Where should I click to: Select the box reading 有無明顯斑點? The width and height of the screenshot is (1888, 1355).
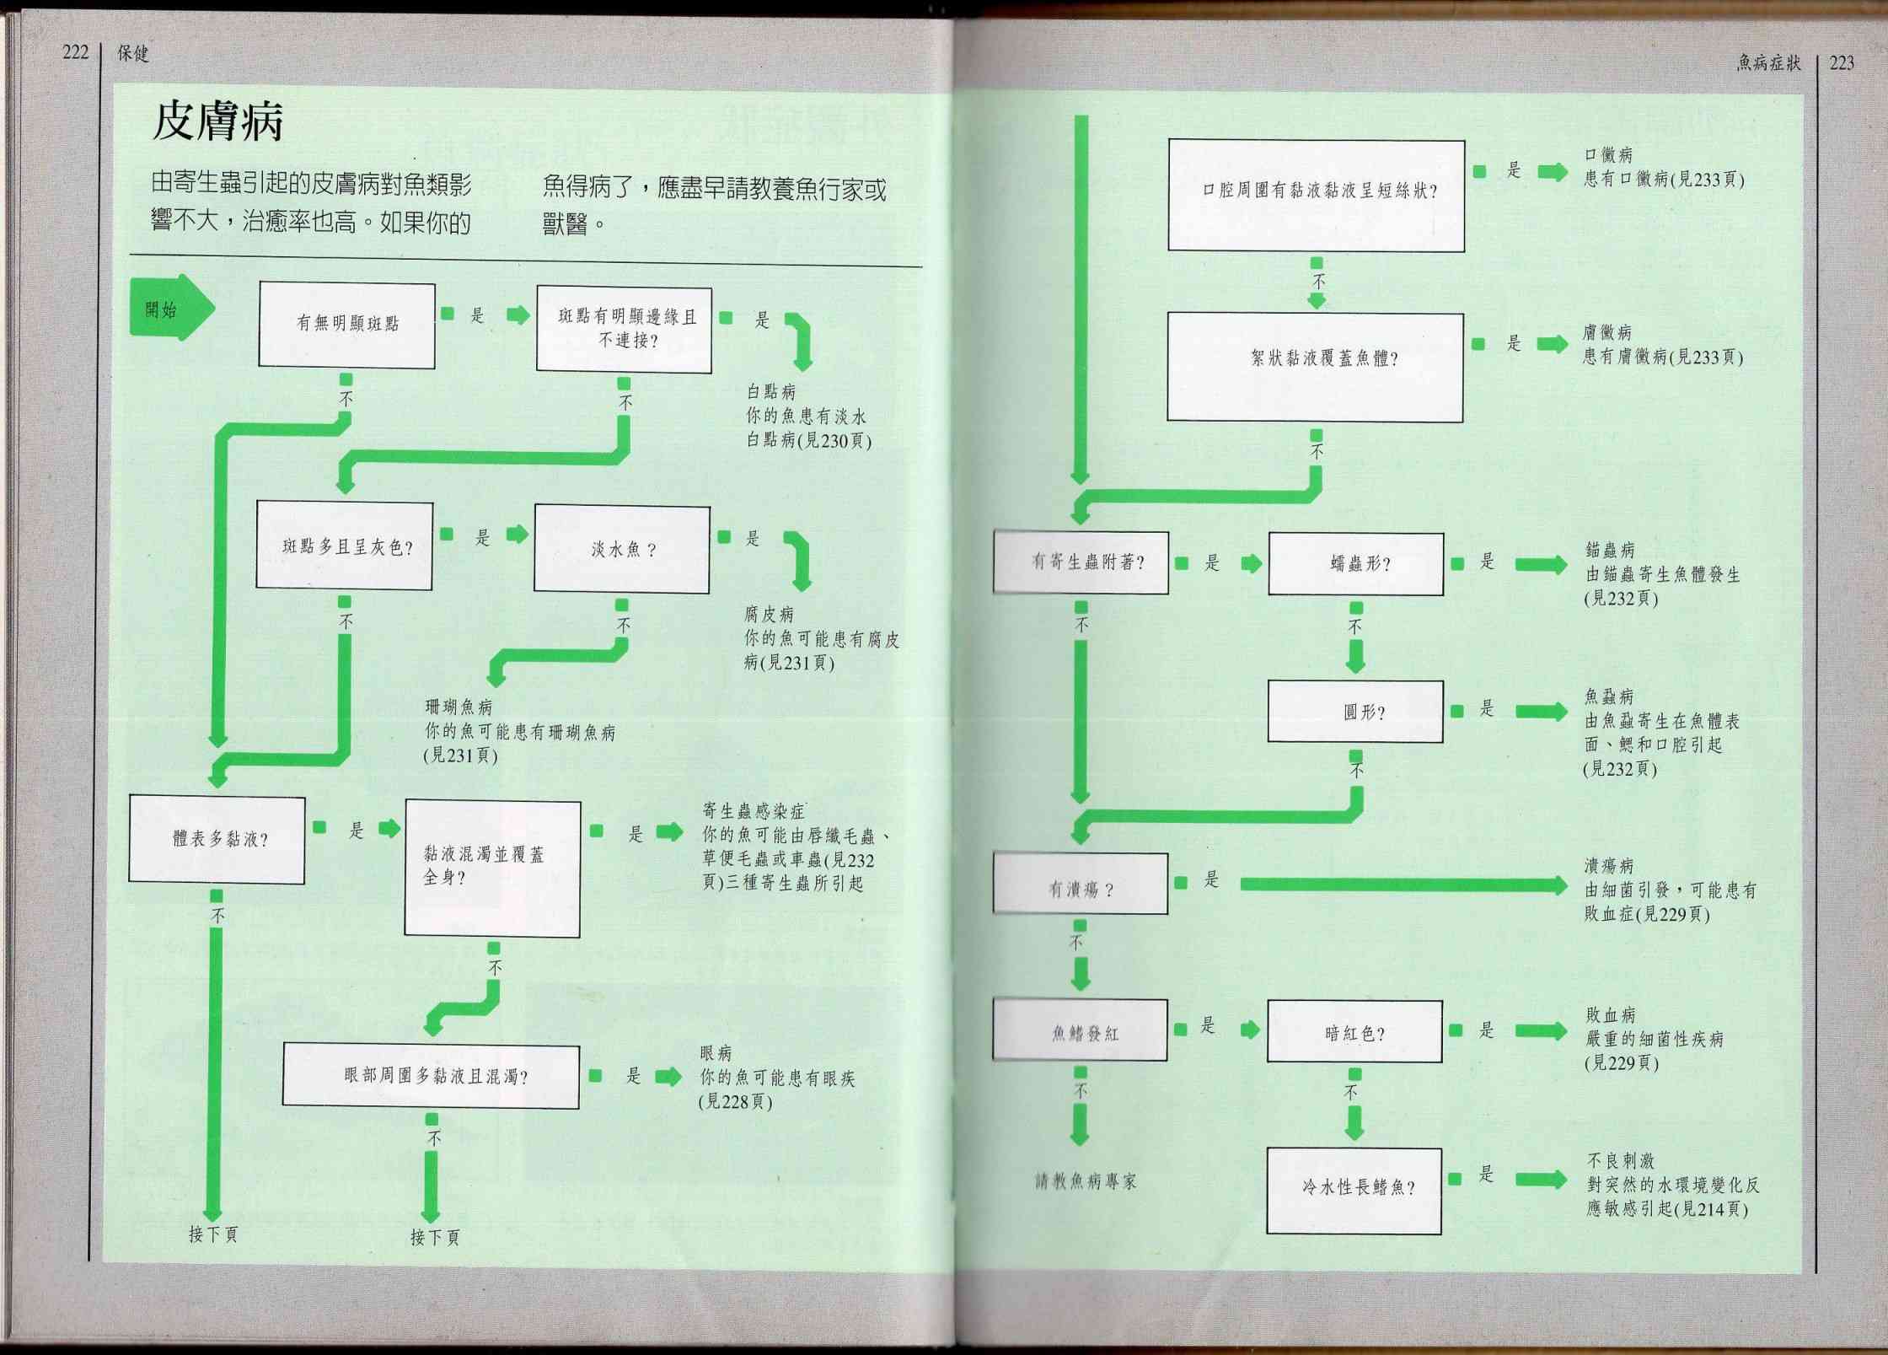pos(346,325)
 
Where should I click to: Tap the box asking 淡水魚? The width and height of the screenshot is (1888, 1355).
pos(622,549)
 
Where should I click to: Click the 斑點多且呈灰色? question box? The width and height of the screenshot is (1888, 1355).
pos(345,546)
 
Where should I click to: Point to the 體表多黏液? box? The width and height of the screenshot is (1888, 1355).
pos(217,838)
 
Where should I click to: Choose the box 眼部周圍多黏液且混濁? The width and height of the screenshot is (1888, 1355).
pos(431,1076)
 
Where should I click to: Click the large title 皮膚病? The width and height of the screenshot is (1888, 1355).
pos(217,122)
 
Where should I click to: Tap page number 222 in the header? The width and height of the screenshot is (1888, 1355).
pos(75,52)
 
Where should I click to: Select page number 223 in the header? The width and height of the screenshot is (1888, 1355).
pos(1842,62)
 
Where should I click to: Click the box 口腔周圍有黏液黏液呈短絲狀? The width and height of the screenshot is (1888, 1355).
pos(1317,195)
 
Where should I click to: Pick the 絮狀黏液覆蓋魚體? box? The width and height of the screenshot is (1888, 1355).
pos(1316,367)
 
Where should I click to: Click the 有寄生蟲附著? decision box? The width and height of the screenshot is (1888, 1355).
pos(1081,562)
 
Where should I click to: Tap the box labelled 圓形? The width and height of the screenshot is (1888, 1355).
pos(1356,712)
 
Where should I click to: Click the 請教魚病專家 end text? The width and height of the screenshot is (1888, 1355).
pos(1086,1181)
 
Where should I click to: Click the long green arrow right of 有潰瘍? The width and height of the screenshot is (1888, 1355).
pos(1404,885)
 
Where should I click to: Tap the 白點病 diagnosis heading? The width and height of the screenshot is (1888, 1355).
pos(771,391)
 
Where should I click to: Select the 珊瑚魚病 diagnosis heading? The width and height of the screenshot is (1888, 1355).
pos(459,707)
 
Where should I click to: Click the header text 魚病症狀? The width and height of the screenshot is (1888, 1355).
pos(1768,62)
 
